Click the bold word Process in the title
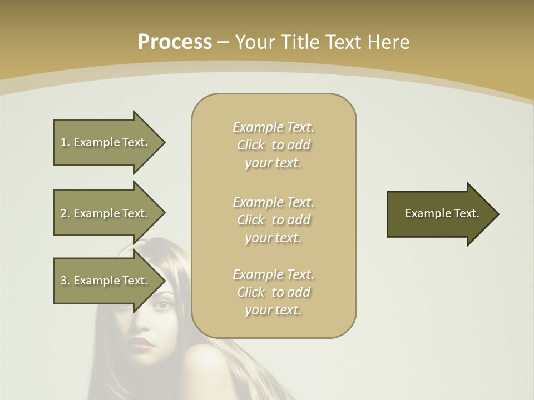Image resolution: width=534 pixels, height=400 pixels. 175,42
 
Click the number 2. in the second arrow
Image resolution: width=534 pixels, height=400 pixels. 65,213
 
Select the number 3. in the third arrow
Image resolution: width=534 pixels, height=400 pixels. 65,281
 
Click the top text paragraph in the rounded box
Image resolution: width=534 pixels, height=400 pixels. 273,145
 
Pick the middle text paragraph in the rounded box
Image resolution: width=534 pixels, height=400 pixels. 273,220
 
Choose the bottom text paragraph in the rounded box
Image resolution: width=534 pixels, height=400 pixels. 273,292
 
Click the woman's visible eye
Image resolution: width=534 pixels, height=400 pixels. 163,305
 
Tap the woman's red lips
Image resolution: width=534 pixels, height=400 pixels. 144,344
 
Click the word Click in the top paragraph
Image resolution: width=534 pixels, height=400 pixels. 251,146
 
